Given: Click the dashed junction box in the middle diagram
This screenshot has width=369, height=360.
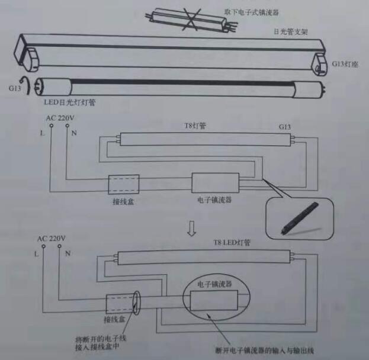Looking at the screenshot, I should pyautogui.click(x=123, y=185).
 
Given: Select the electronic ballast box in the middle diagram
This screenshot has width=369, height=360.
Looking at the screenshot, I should pyautogui.click(x=216, y=184).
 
